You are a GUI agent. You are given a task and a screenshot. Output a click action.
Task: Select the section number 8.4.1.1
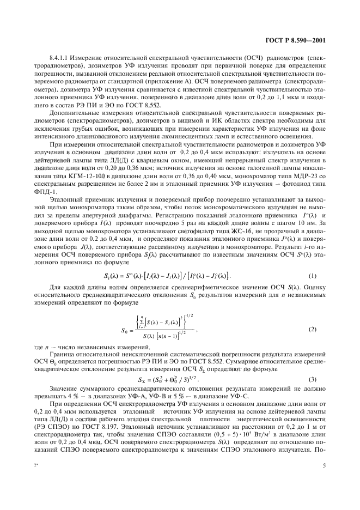(60, 57)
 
